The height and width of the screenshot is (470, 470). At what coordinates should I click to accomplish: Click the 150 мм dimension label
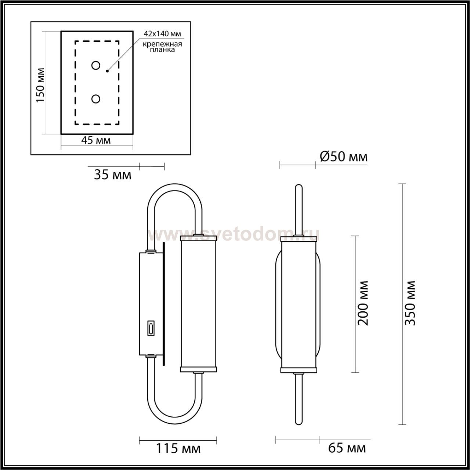[x=40, y=85]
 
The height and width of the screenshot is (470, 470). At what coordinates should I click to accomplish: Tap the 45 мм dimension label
[x=96, y=140]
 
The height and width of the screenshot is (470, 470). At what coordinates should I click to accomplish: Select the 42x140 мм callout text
[x=162, y=34]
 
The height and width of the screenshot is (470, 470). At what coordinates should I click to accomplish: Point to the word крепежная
[x=162, y=44]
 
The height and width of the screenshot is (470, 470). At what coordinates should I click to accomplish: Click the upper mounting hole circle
[x=95, y=65]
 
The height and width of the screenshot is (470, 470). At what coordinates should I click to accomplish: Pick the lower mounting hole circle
[x=95, y=99]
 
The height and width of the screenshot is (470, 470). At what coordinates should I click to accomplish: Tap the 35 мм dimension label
[x=113, y=175]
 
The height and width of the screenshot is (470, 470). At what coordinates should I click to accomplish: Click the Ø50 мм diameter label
[x=343, y=157]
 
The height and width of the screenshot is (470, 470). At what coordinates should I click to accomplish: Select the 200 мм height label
[x=363, y=303]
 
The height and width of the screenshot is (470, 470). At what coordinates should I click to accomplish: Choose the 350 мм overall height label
[x=410, y=303]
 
